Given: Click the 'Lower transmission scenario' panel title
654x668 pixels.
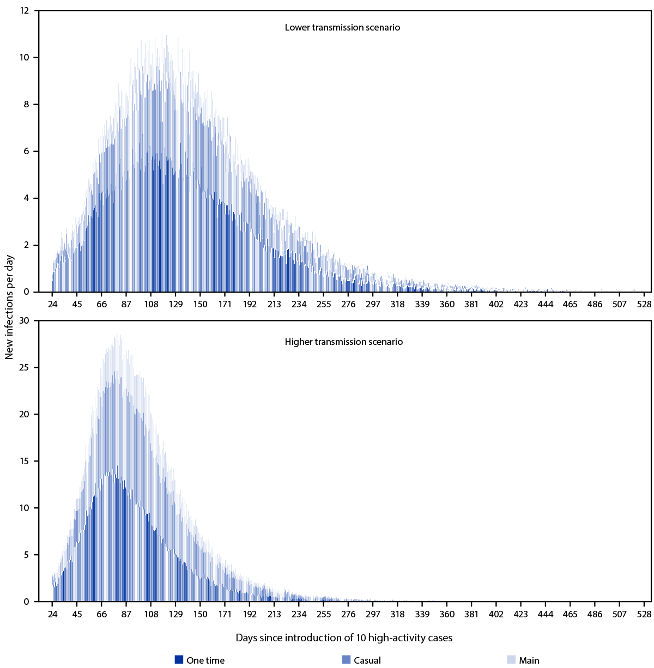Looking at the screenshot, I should click(x=342, y=27).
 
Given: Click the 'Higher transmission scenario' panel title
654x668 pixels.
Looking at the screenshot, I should click(x=343, y=342).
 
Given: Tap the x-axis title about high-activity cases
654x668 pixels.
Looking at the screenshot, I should click(x=344, y=637).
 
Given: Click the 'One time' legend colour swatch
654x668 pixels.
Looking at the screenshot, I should click(x=179, y=660).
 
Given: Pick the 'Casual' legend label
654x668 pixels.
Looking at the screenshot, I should click(x=367, y=660).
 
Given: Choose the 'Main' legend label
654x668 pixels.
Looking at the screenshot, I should click(x=529, y=660).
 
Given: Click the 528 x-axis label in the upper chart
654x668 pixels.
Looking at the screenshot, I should click(x=644, y=304).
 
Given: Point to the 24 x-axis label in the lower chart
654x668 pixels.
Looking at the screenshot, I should click(x=52, y=614).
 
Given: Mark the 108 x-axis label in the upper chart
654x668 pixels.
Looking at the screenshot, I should click(x=151, y=304).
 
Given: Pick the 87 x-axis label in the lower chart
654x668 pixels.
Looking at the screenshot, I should click(x=126, y=614).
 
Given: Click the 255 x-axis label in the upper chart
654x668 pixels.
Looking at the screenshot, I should click(x=324, y=304).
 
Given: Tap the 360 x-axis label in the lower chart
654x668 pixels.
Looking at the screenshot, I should click(x=447, y=614).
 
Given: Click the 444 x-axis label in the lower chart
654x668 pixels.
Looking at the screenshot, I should click(x=546, y=614).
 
